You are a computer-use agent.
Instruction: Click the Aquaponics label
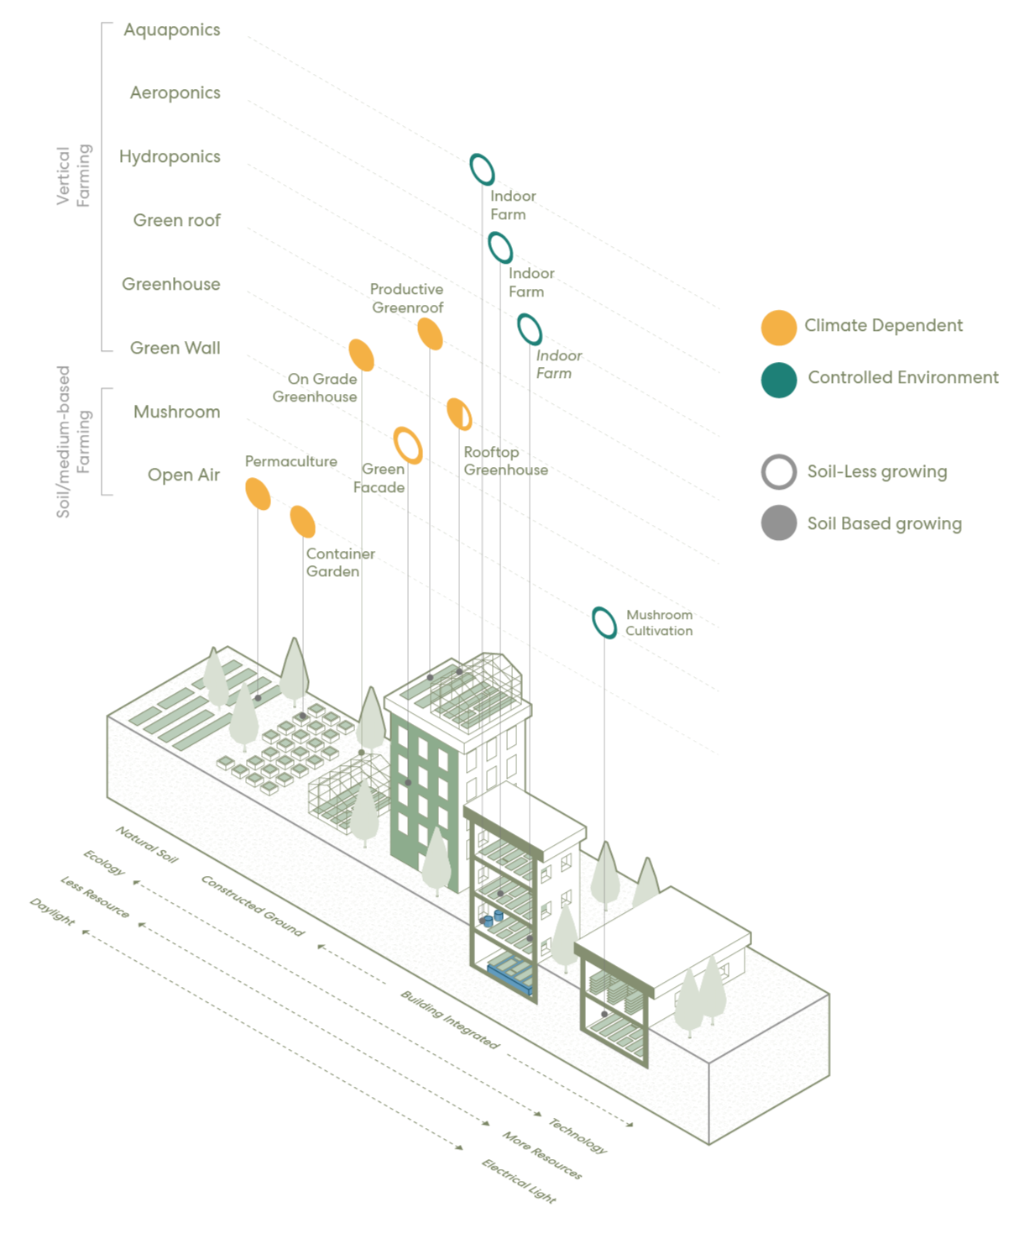(x=171, y=29)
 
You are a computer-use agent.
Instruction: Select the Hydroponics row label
(x=170, y=157)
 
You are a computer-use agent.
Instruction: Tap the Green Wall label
(x=175, y=348)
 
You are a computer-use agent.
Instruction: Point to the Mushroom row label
(x=177, y=412)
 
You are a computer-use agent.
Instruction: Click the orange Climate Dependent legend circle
(x=779, y=327)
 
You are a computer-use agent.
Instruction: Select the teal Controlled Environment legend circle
(x=779, y=380)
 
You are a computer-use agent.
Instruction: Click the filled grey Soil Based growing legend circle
(x=779, y=522)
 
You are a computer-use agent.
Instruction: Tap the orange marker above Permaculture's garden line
(x=258, y=494)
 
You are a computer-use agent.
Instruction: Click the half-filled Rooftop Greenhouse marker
(x=459, y=414)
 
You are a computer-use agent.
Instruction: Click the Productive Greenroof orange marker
(x=430, y=333)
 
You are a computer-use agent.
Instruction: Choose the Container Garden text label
(x=341, y=563)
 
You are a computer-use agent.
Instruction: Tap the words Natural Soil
(x=146, y=844)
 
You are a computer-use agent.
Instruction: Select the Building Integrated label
(x=450, y=1019)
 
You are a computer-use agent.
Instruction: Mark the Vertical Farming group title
(x=74, y=176)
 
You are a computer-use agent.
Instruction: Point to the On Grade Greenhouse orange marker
(x=362, y=355)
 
